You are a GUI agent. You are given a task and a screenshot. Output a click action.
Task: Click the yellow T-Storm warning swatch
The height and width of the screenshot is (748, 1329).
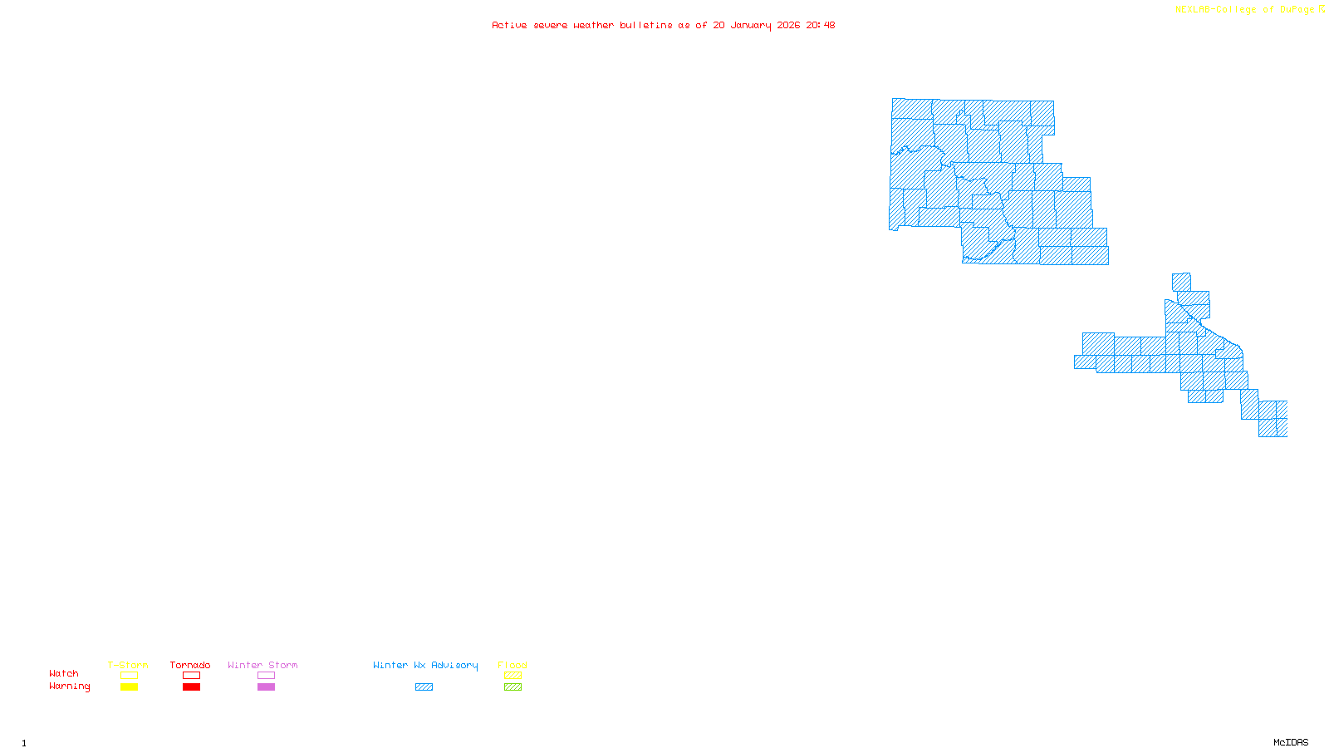[129, 687]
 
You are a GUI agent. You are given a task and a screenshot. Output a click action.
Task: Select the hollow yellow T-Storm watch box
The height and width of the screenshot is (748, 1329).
[129, 676]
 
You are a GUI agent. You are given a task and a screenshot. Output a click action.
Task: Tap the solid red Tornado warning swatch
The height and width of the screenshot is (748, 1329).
[191, 687]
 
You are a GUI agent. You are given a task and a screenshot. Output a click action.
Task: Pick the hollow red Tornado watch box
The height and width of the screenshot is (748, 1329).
[191, 676]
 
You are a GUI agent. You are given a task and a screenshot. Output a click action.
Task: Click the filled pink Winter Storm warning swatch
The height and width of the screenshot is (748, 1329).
[266, 687]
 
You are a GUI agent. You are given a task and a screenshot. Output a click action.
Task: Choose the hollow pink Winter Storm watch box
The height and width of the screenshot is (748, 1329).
[266, 676]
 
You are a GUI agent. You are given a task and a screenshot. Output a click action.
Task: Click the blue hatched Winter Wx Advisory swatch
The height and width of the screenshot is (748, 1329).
[424, 687]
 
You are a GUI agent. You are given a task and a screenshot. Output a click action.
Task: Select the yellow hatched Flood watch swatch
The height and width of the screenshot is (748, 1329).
[512, 676]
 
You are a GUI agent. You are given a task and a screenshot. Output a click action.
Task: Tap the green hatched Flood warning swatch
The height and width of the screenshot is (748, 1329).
[512, 687]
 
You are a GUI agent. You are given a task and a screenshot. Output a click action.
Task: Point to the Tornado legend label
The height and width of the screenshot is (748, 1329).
[190, 665]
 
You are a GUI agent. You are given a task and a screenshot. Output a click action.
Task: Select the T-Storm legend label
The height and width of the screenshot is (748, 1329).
[128, 665]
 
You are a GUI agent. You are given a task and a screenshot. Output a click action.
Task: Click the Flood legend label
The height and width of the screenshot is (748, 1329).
[512, 665]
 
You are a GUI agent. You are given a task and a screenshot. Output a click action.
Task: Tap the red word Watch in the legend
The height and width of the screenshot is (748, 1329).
[64, 674]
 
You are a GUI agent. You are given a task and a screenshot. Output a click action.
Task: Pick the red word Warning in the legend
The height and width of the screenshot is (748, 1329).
[70, 686]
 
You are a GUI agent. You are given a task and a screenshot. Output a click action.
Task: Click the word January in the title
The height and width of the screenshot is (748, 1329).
[751, 25]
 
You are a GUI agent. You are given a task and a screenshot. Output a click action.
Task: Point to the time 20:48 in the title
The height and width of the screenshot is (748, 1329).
[821, 25]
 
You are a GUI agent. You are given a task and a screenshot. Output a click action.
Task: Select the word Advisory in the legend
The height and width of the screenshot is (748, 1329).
[454, 665]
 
